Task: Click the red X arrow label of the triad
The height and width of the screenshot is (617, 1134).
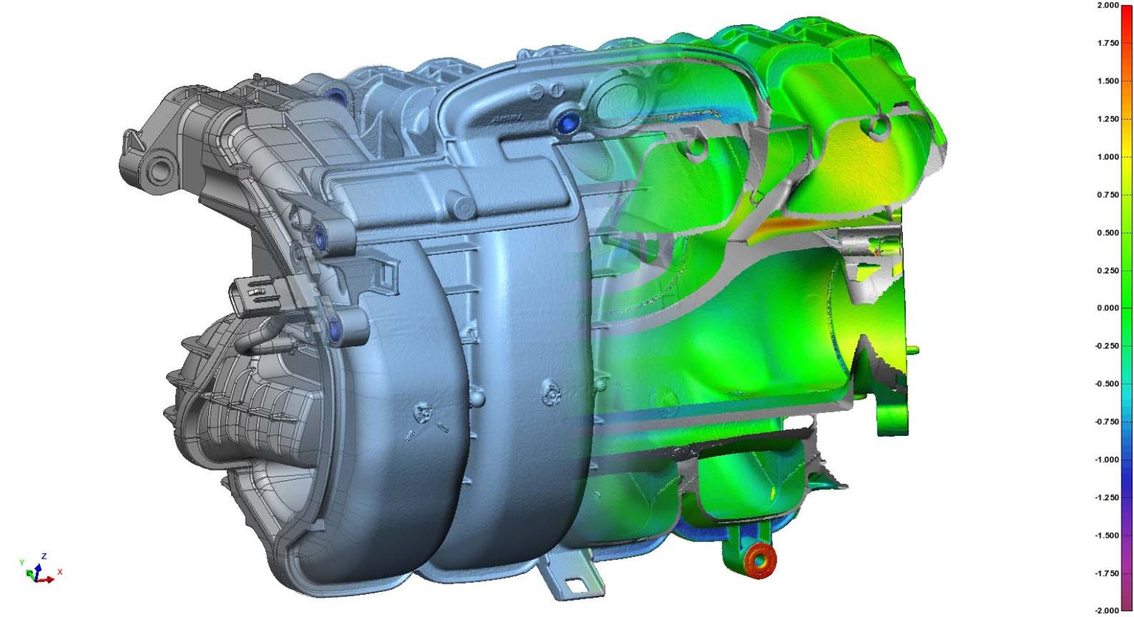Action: (60, 572)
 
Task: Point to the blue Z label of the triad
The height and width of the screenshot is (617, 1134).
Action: (44, 556)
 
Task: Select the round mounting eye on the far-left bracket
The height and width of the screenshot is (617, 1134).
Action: (158, 167)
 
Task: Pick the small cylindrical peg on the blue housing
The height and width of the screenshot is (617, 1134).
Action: (463, 206)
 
